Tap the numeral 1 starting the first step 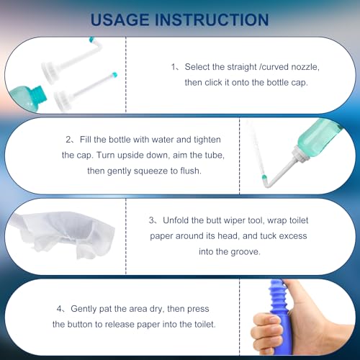click(174, 67)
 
